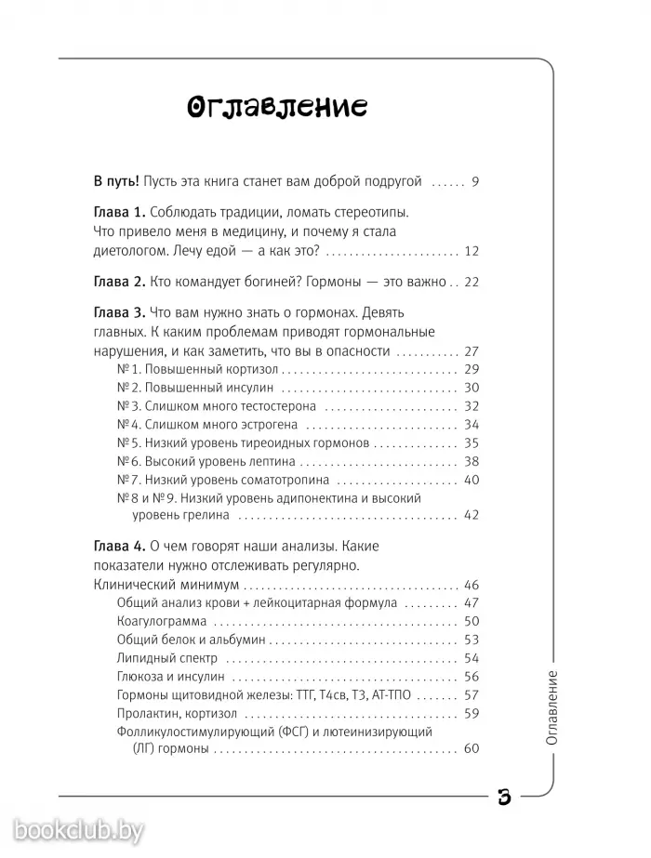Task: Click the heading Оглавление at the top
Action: (x=276, y=108)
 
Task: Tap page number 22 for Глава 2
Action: (x=470, y=282)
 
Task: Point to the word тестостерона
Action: (x=272, y=406)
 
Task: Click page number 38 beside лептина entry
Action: (x=470, y=461)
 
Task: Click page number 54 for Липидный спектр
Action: (x=470, y=658)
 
